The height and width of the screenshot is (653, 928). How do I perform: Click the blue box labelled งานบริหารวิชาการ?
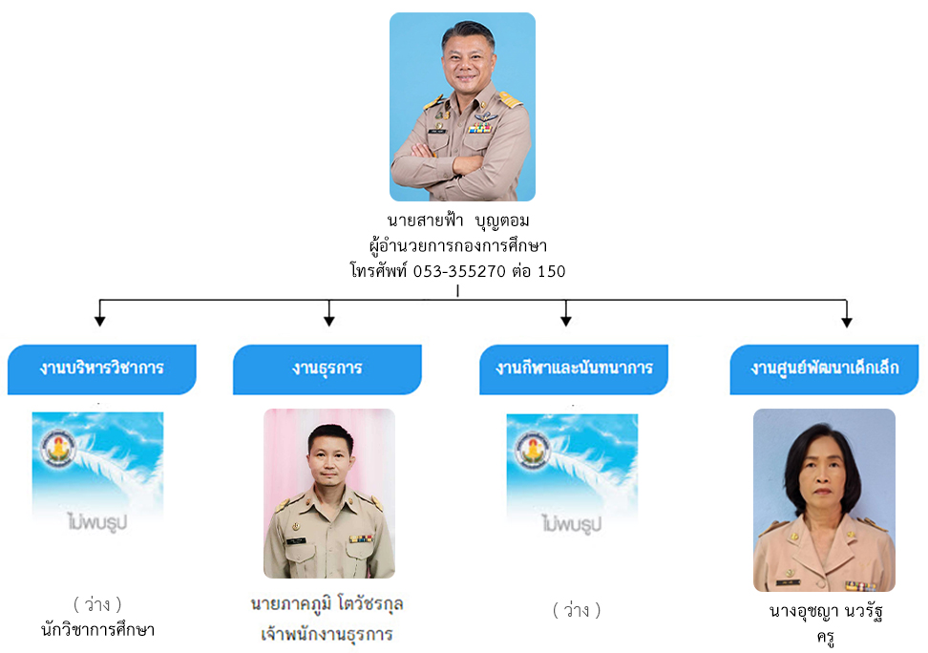pyautogui.click(x=102, y=369)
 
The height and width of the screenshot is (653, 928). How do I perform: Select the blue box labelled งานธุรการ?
pyautogui.click(x=327, y=369)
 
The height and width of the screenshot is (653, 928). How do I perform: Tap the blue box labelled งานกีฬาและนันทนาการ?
pyautogui.click(x=574, y=369)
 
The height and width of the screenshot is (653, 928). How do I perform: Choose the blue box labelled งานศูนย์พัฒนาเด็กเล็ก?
pyautogui.click(x=825, y=369)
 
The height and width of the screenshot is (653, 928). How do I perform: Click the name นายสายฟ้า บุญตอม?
pyautogui.click(x=458, y=221)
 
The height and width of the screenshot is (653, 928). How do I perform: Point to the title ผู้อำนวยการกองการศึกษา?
pyautogui.click(x=458, y=245)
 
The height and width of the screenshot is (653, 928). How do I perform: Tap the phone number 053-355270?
pyautogui.click(x=459, y=271)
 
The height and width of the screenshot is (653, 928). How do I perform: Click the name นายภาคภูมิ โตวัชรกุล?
pyautogui.click(x=327, y=604)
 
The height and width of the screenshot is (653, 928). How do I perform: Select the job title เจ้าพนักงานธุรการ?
pyautogui.click(x=327, y=634)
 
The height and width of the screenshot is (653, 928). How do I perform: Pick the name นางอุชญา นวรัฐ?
pyautogui.click(x=826, y=610)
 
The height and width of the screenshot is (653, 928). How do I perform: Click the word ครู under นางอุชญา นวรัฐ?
pyautogui.click(x=826, y=638)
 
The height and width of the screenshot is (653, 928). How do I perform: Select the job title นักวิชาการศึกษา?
pyautogui.click(x=97, y=629)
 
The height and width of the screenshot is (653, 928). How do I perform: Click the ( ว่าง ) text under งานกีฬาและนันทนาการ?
pyautogui.click(x=577, y=610)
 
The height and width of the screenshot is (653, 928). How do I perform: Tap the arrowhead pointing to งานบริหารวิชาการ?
pyautogui.click(x=100, y=321)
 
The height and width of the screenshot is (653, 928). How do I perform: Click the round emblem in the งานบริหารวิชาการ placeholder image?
pyautogui.click(x=58, y=448)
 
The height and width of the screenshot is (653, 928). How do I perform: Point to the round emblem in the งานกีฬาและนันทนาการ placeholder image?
pyautogui.click(x=533, y=450)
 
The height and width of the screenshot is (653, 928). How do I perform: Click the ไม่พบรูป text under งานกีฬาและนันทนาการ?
pyautogui.click(x=572, y=524)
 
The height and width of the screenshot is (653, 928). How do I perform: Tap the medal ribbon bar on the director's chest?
pyautogui.click(x=480, y=129)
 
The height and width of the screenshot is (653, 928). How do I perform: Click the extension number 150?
pyautogui.click(x=552, y=271)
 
